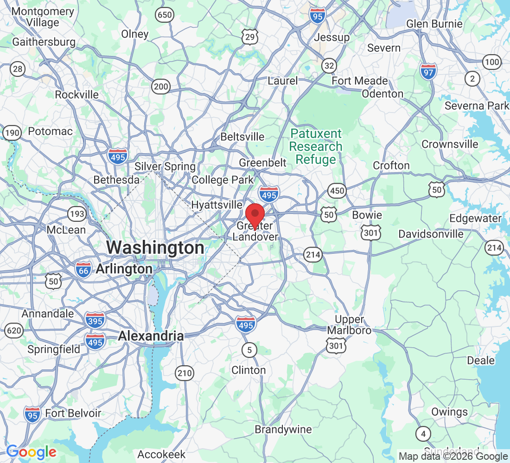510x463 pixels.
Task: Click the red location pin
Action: pos(255,214)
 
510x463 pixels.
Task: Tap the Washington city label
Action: pos(155,248)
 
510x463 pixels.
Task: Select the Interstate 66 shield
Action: pos(83,269)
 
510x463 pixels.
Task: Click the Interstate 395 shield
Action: pos(95,319)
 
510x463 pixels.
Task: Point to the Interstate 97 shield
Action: pos(428,71)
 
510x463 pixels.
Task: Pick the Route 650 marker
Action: pos(165,15)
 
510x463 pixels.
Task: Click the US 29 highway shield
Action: pos(249,37)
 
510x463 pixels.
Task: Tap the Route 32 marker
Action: pos(329,66)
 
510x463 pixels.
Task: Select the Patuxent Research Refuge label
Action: pos(316,147)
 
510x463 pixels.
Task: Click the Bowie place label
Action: pos(367,215)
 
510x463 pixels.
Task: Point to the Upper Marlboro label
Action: pos(349,325)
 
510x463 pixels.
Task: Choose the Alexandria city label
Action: pos(151,336)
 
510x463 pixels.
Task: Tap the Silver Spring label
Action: pos(165,167)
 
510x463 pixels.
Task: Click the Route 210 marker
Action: pos(184,372)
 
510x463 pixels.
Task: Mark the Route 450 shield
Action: pos(337,190)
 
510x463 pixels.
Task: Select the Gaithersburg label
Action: pos(44,42)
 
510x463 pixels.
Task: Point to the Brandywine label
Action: pos(283,430)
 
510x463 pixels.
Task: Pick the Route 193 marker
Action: pos(76,213)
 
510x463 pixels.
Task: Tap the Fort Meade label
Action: pos(359,81)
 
